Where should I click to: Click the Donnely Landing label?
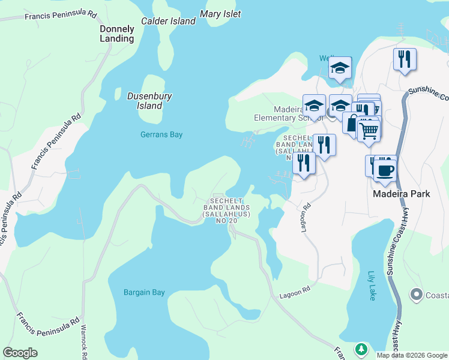coord(116,34)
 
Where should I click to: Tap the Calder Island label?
coord(168,21)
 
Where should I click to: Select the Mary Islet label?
coord(220,14)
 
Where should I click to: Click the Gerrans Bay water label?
coord(161,135)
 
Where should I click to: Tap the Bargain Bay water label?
coord(144,293)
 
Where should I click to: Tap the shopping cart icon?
coord(369,129)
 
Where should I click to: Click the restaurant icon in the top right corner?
coord(405,59)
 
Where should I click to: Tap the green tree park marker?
coord(361,349)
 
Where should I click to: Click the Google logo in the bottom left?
coord(20,353)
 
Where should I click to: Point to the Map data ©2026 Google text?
coord(412,355)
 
